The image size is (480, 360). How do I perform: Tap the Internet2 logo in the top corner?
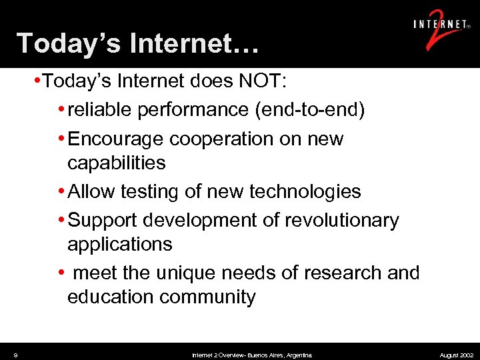click(440, 30)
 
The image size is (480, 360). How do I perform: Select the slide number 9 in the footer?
click(15, 355)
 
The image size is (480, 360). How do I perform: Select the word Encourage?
click(117, 139)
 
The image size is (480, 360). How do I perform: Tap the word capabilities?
click(116, 163)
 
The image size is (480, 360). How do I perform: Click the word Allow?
click(91, 192)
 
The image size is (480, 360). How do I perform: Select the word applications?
click(119, 244)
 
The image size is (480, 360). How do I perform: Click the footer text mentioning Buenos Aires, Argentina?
click(251, 355)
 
